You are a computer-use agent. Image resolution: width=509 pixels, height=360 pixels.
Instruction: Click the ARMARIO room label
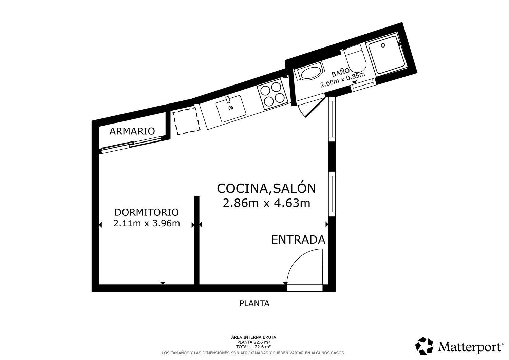click(x=132, y=131)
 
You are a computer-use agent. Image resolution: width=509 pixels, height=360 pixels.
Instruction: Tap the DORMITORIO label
click(x=147, y=212)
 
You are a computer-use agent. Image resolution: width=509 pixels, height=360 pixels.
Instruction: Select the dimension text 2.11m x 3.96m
click(x=147, y=223)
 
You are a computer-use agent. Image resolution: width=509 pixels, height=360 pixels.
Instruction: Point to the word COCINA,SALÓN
click(x=266, y=188)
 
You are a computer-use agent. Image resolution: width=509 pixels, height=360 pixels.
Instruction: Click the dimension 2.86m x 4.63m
click(x=266, y=203)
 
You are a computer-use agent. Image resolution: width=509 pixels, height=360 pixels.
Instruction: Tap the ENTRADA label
click(x=298, y=240)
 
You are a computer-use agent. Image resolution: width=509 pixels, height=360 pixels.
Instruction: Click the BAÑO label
click(x=341, y=72)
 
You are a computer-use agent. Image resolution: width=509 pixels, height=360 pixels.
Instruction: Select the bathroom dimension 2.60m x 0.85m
click(x=343, y=79)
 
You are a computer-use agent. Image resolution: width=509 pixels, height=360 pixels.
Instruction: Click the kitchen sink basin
click(x=231, y=109)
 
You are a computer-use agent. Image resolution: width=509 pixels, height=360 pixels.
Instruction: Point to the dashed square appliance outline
click(x=186, y=121)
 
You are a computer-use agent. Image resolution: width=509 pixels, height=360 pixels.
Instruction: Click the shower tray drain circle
click(x=383, y=45)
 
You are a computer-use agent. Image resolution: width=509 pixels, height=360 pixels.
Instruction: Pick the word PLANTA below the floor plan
click(x=254, y=303)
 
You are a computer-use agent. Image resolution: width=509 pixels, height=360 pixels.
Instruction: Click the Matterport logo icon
click(x=424, y=346)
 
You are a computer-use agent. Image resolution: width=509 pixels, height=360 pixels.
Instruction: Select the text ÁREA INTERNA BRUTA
click(x=253, y=337)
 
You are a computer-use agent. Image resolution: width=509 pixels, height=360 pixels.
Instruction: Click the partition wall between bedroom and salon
click(x=197, y=240)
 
